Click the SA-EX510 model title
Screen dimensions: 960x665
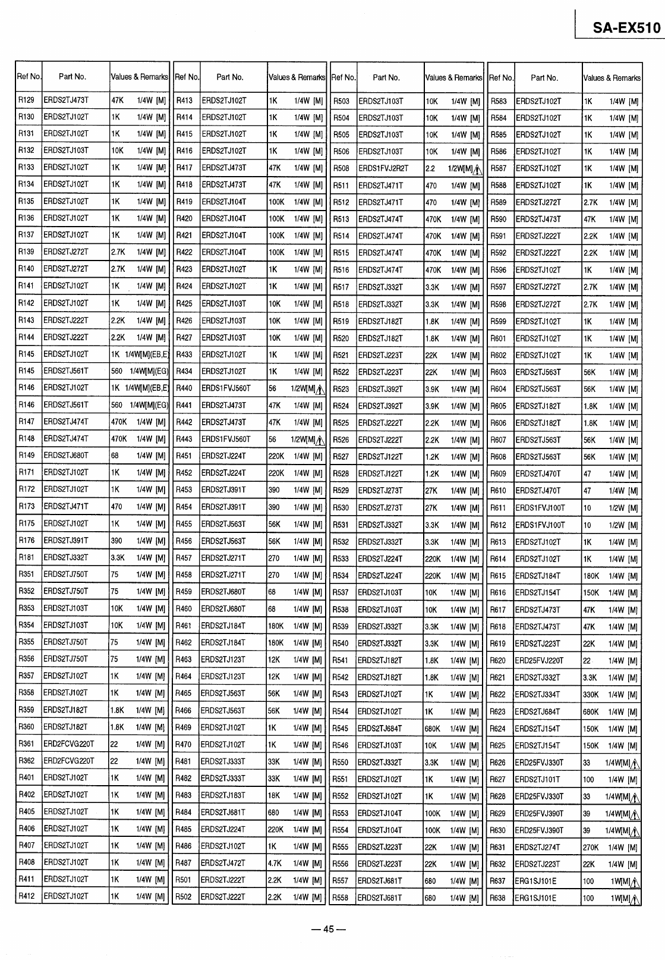[x=626, y=28]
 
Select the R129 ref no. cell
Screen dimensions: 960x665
[x=27, y=100]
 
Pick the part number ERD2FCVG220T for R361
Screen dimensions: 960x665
[x=69, y=744]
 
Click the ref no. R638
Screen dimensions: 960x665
[x=498, y=899]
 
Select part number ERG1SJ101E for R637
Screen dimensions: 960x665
[x=536, y=881]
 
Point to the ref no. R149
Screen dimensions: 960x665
[x=27, y=456]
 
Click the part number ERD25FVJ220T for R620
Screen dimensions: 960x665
[x=540, y=660]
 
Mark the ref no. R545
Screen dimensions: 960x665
[x=341, y=729]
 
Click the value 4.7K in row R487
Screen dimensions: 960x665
[x=275, y=863]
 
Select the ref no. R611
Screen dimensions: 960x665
[x=498, y=508]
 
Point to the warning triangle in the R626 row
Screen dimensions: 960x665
[x=635, y=763]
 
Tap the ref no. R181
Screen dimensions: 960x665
[x=27, y=557]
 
